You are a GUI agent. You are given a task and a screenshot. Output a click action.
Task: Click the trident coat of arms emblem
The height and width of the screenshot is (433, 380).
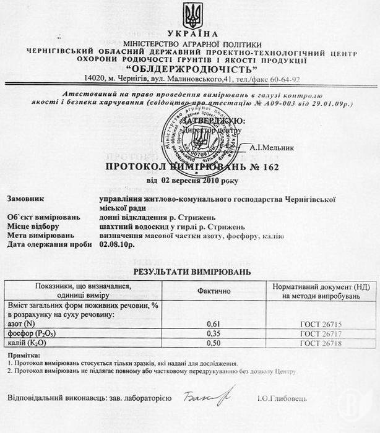click(x=189, y=15)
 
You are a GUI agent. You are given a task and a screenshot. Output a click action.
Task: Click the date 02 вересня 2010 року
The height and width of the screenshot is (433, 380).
click(x=191, y=181)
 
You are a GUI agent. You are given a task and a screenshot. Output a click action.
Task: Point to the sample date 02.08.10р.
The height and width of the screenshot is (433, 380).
click(x=117, y=245)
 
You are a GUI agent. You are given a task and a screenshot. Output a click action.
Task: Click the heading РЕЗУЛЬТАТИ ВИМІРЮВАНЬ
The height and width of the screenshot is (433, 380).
click(x=192, y=271)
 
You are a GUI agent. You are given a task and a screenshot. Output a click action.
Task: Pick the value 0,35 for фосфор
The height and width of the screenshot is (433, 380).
click(x=213, y=334)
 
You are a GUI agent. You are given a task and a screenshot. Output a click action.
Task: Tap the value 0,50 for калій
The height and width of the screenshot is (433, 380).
click(x=213, y=343)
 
